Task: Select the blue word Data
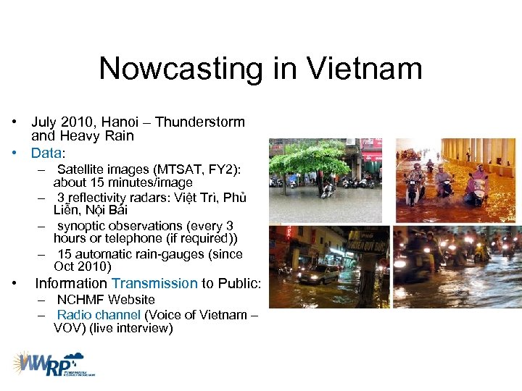pos(46,153)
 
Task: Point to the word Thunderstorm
pos(200,122)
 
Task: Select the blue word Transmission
pos(154,283)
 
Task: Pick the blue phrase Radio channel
pos(99,315)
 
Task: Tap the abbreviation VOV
pos(67,328)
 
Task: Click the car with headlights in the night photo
pos(317,274)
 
